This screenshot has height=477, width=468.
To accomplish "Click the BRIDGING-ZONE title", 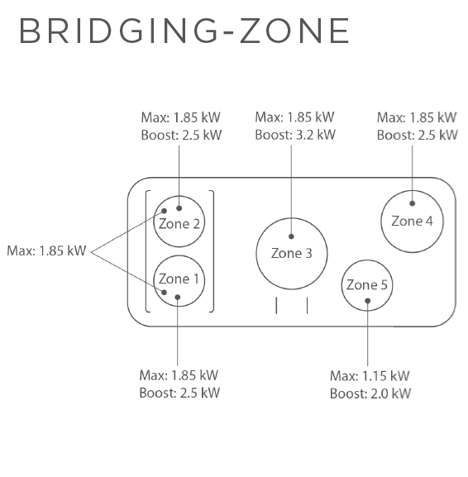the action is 184,31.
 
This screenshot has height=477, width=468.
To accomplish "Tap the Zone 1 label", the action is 179,279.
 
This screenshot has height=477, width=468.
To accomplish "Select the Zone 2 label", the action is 179,224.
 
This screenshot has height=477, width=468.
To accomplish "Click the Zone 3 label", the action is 292,253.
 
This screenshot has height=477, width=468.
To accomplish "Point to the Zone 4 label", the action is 412,221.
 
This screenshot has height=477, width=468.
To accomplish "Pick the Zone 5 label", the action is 366,285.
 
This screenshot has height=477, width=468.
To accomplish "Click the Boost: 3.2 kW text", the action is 295,135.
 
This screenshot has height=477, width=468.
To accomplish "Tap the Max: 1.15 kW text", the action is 370,376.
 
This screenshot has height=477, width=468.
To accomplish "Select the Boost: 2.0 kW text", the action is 370,394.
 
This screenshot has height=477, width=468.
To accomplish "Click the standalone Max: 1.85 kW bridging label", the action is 46,251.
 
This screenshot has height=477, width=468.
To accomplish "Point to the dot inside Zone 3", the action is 291,236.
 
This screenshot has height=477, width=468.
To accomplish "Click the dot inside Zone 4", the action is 413,203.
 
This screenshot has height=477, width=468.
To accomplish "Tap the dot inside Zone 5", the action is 368,301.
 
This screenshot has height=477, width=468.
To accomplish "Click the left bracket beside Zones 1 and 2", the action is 146,251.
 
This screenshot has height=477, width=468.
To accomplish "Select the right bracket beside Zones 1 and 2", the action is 213,251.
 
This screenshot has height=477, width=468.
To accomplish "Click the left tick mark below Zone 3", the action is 276,305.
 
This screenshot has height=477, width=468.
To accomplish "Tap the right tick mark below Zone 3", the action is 308,305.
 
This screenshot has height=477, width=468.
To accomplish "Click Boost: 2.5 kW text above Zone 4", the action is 418,135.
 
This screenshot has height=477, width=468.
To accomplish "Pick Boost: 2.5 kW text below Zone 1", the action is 179,393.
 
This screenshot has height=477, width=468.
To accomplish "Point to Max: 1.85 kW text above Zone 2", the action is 181,117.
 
